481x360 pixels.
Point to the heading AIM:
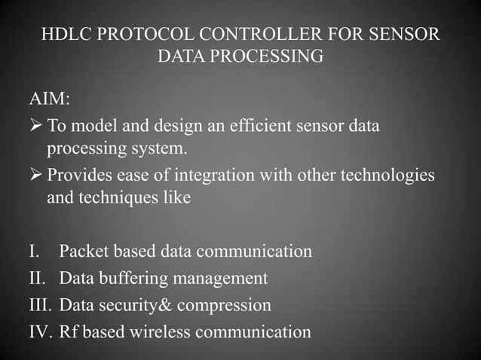coord(50,100)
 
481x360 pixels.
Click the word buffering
coord(132,279)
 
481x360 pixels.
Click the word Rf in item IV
coord(68,331)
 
